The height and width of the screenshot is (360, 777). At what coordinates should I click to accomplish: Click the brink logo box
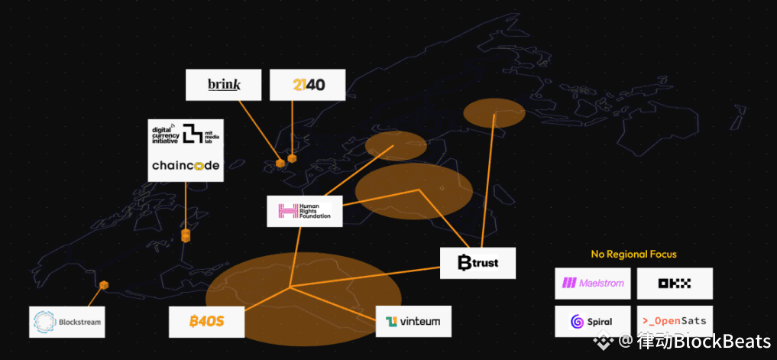pyautogui.click(x=224, y=85)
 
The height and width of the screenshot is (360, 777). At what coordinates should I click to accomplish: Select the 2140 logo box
pyautogui.click(x=308, y=85)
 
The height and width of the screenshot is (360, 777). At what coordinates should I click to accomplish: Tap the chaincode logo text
pyautogui.click(x=186, y=165)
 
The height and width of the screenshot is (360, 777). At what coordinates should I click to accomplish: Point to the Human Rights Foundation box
pyautogui.click(x=305, y=211)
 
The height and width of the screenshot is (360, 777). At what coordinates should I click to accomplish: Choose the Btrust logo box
pyautogui.click(x=478, y=263)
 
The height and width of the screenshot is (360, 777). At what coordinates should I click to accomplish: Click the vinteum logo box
pyautogui.click(x=413, y=321)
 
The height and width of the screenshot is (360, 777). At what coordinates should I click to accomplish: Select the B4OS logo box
pyautogui.click(x=206, y=321)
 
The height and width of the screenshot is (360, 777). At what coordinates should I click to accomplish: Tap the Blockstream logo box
pyautogui.click(x=66, y=322)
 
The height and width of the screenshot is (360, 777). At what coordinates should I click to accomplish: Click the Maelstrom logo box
pyautogui.click(x=593, y=283)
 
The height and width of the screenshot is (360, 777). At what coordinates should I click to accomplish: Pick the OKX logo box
pyautogui.click(x=675, y=283)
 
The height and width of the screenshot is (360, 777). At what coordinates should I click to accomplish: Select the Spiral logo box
pyautogui.click(x=593, y=321)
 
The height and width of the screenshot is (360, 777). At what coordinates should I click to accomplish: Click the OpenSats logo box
pyautogui.click(x=675, y=321)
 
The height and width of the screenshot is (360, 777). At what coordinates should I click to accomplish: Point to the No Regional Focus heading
pyautogui.click(x=633, y=254)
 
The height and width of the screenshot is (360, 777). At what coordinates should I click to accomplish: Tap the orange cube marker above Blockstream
pyautogui.click(x=104, y=285)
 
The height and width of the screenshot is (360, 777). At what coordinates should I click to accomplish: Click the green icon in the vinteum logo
pyautogui.click(x=392, y=322)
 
